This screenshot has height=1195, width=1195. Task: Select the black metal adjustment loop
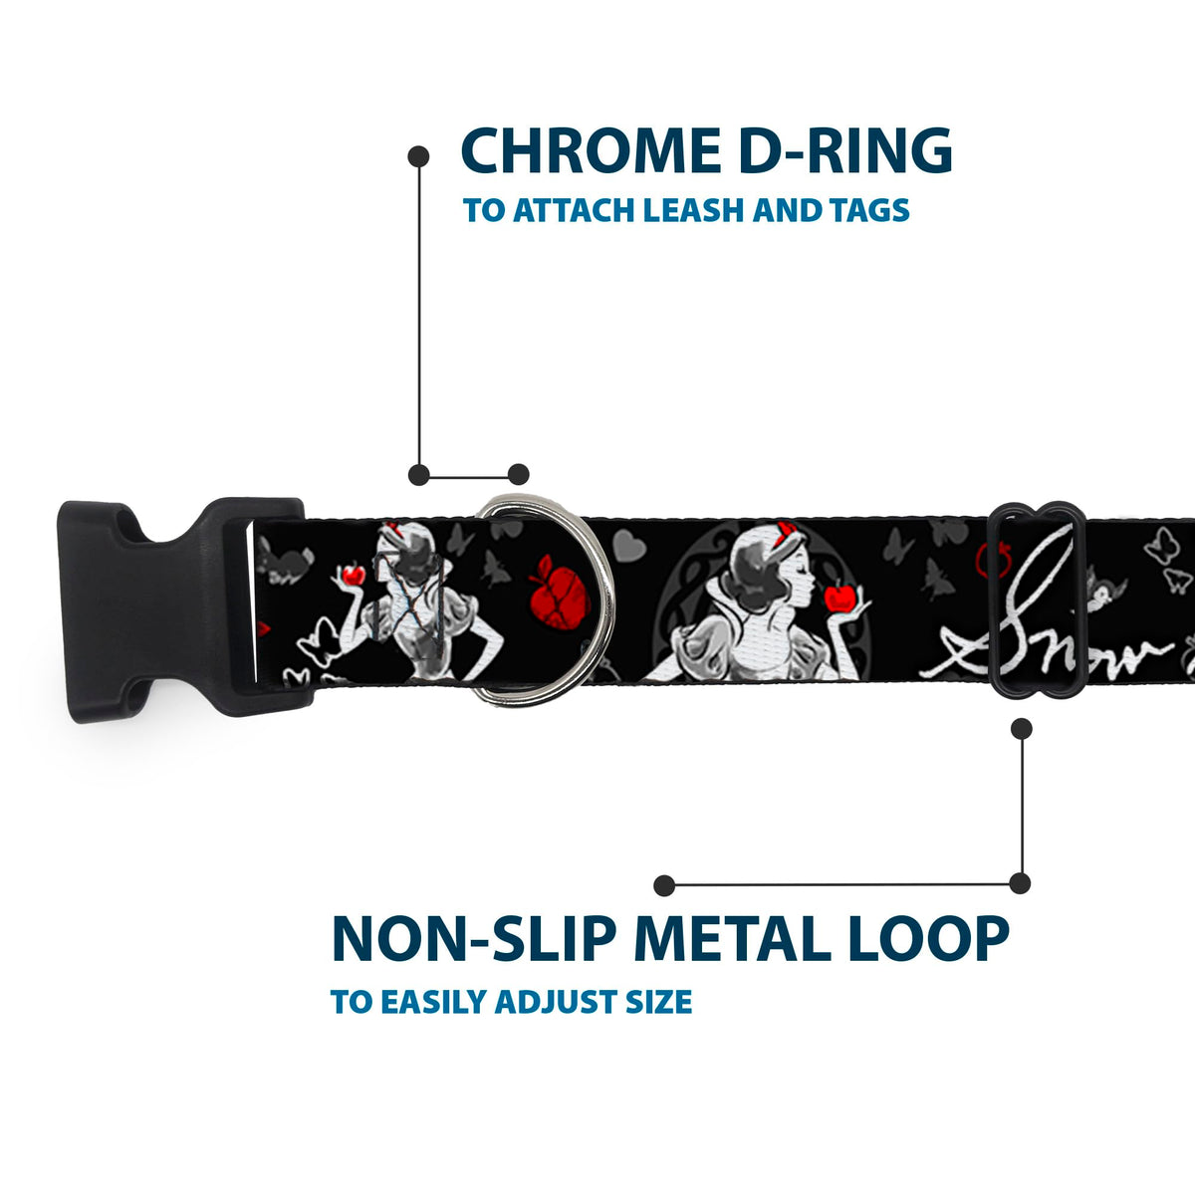1036,602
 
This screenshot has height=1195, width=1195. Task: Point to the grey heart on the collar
626,544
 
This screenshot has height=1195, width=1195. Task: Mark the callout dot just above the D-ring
518,474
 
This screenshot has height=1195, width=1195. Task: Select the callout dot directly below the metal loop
1021,729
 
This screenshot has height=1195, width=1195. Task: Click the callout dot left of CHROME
419,156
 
